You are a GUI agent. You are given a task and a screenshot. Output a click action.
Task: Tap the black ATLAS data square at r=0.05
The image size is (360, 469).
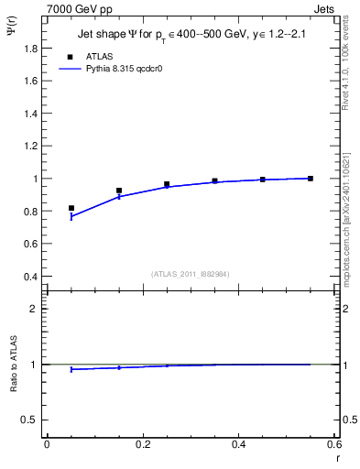click(x=71, y=208)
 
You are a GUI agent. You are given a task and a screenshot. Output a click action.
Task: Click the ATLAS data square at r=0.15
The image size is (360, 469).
click(x=119, y=191)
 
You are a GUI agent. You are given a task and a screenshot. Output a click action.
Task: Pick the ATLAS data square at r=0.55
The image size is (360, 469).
click(x=311, y=178)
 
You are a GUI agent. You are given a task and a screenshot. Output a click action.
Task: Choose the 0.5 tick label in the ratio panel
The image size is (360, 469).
click(x=29, y=420)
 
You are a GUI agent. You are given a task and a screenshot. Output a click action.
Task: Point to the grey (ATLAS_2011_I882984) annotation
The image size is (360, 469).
click(x=191, y=274)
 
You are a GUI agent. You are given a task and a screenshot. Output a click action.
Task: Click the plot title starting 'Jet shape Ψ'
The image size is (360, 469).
click(x=191, y=35)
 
